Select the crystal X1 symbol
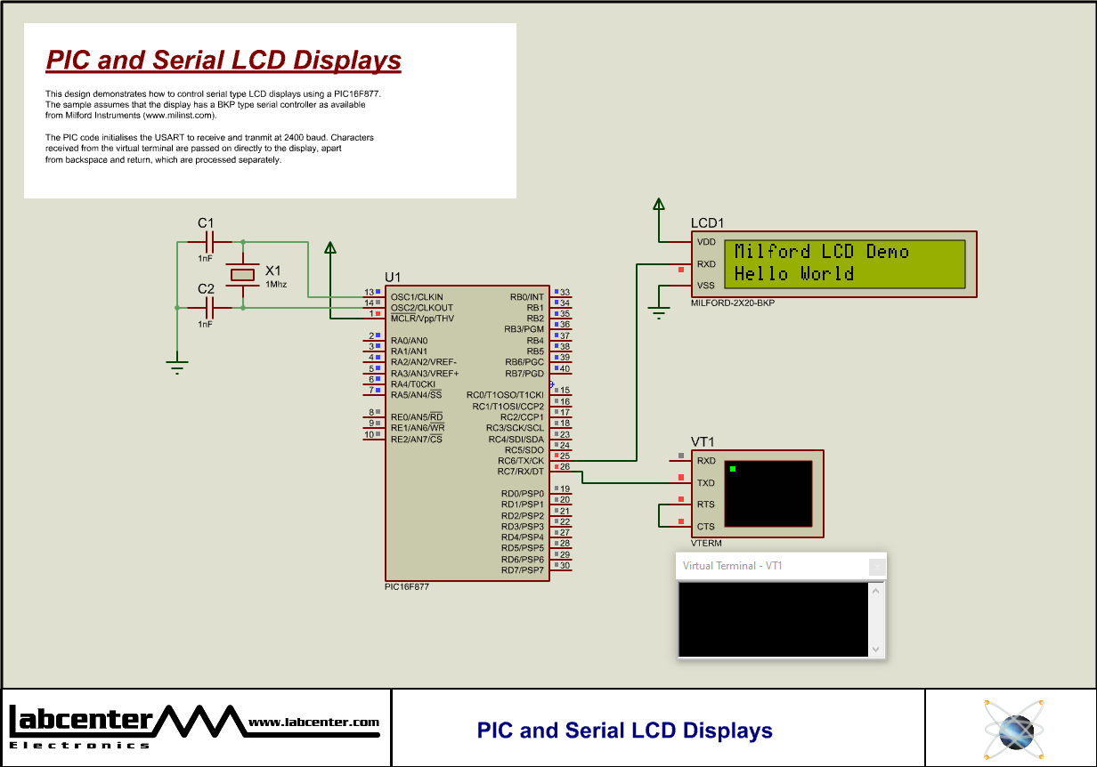tap(243, 274)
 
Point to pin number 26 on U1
tap(565, 467)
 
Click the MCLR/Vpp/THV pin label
tap(422, 319)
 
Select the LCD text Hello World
tap(793, 274)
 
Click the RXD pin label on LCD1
tap(706, 264)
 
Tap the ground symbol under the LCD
tap(659, 312)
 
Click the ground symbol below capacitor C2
tap(178, 366)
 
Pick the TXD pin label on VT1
tap(706, 483)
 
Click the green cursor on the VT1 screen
tap(733, 468)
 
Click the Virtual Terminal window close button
tap(877, 566)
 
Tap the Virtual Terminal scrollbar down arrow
tap(875, 650)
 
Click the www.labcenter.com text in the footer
tap(313, 723)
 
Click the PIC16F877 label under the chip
tap(407, 587)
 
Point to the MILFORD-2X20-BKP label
tap(733, 303)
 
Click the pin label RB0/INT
tap(526, 296)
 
